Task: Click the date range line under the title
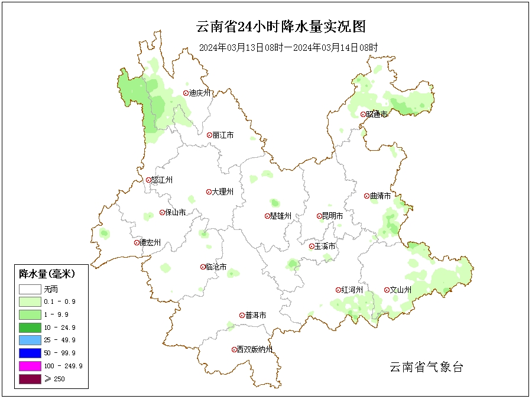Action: pos(288,47)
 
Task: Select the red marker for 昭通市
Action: pos(363,115)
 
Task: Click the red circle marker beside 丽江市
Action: pos(209,135)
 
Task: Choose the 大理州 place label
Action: pos(223,192)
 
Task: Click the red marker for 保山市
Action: pos(162,213)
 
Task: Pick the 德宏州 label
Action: pos(150,242)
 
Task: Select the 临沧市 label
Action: pos(216,267)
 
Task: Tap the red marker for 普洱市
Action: pos(242,316)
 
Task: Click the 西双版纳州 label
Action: pos(255,349)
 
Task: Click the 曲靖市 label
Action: pos(380,196)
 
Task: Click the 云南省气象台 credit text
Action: pos(426,367)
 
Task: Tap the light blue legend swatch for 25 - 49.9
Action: pos(30,340)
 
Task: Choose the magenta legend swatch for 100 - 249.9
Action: pos(30,366)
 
